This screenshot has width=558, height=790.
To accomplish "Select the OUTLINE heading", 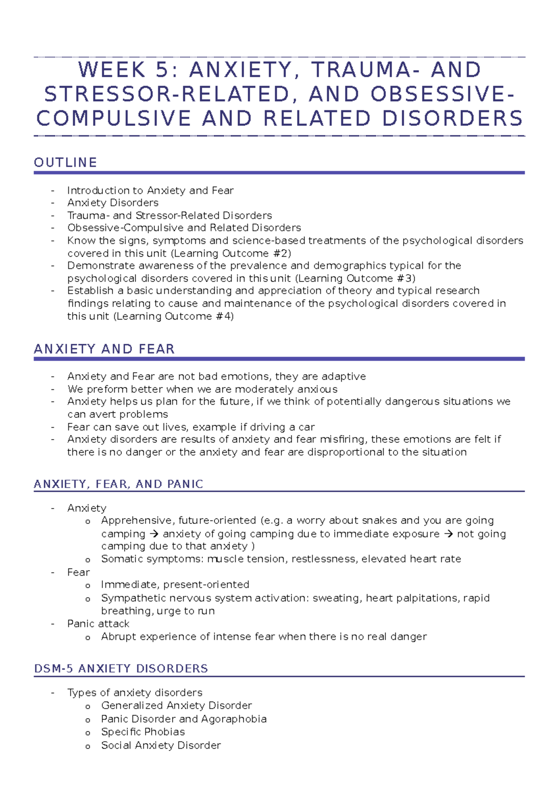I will coord(66,162).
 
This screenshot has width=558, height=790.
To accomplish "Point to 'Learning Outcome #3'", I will coord(355,279).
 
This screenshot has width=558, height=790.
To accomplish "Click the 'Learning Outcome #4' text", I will coord(173,316).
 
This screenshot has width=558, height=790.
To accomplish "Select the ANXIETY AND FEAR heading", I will coord(105,349).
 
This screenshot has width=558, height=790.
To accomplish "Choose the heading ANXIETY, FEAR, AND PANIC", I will coord(119,484).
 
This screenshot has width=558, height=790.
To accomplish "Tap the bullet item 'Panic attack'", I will coord(98,624).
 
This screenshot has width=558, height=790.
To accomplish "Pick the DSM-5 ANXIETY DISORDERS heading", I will coord(121,669).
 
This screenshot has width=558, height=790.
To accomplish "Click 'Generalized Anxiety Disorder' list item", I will coord(176,706).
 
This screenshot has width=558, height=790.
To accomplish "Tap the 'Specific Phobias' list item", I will coord(143,732).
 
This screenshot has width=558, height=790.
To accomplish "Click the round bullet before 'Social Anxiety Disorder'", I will coord(88,746).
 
